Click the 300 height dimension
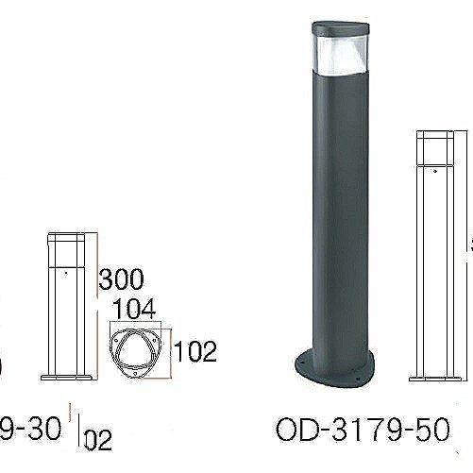click(x=122, y=279)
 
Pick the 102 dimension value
click(x=196, y=354)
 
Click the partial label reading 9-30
click(x=33, y=431)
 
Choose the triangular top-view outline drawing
click(x=137, y=352)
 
